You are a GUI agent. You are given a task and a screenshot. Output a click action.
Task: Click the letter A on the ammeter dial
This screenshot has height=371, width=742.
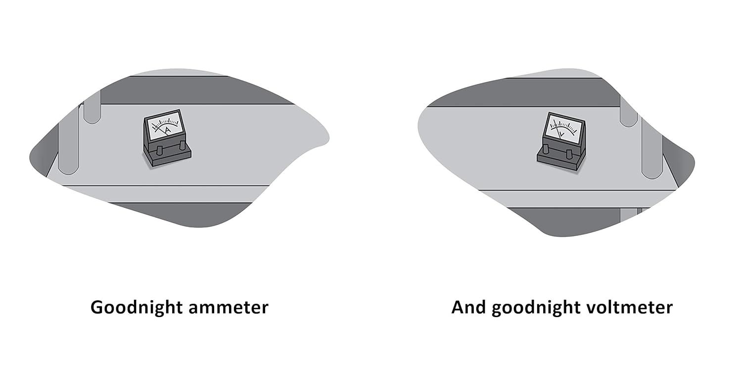click(167, 130)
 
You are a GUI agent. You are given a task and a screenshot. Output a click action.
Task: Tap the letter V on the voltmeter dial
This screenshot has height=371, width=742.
click(561, 134)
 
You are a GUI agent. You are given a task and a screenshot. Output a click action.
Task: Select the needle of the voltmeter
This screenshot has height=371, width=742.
click(558, 130)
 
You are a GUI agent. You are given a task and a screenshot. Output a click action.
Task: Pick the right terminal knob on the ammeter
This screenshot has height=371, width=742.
click(183, 145)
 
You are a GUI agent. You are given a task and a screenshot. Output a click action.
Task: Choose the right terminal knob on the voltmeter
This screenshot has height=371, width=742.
click(569, 154)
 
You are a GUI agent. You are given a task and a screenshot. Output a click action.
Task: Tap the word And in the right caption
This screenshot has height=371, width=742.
click(468, 307)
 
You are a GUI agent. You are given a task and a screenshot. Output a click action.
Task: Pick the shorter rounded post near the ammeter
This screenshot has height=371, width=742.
click(92, 111)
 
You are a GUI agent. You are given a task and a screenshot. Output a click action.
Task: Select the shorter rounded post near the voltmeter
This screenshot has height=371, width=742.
click(628, 113)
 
